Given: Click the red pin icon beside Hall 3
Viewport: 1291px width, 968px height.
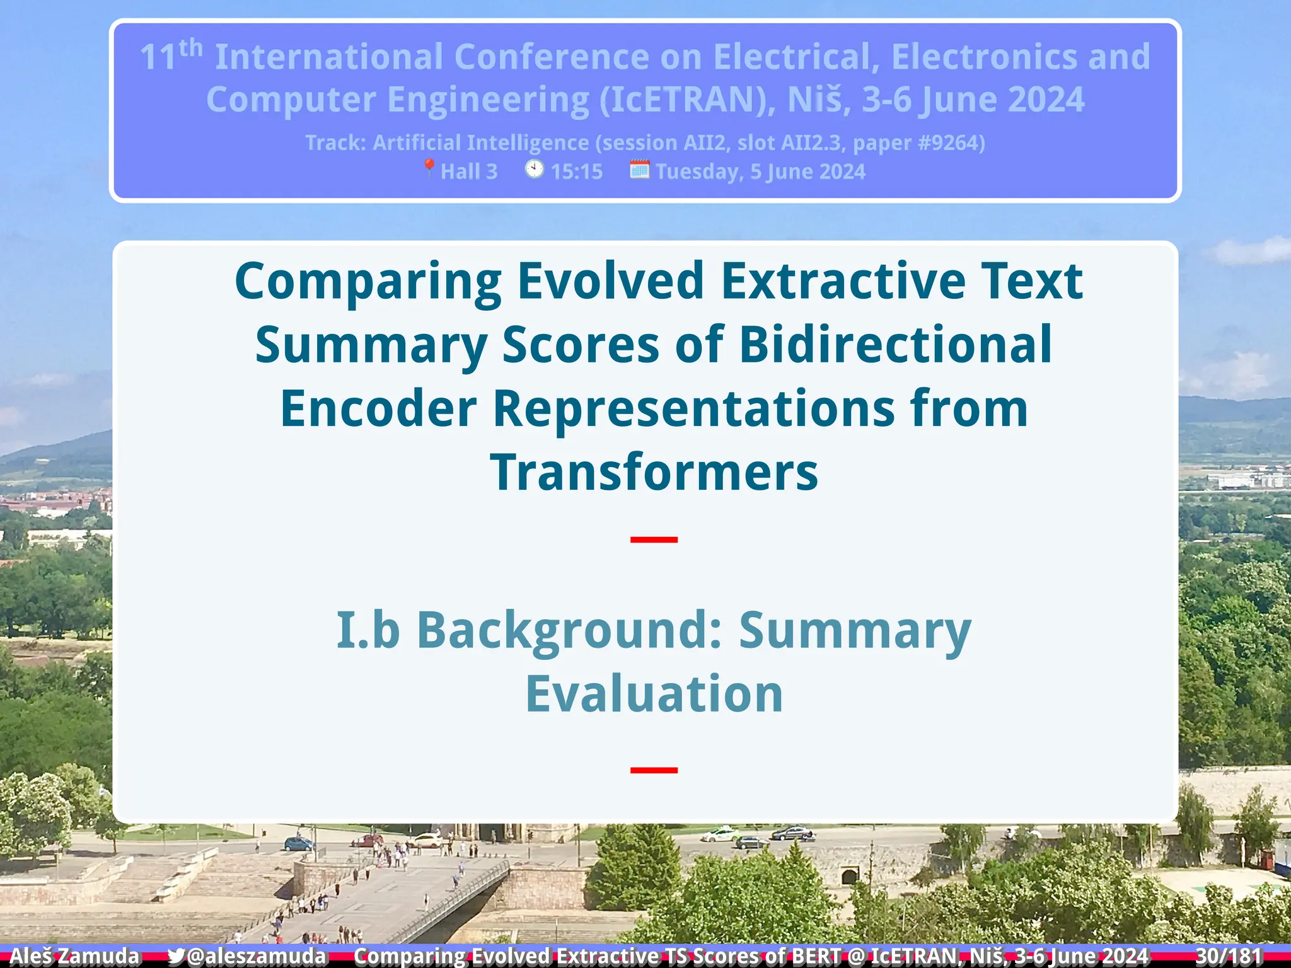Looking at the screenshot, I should tap(429, 168).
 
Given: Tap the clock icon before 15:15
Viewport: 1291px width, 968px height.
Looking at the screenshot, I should tap(535, 170).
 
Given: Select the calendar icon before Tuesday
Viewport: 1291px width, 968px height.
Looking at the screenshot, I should tap(639, 170).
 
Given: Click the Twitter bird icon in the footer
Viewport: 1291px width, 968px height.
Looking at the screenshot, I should tap(177, 956).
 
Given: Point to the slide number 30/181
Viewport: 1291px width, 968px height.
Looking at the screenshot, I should tap(1229, 956).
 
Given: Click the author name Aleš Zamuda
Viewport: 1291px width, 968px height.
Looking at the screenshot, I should tap(74, 956).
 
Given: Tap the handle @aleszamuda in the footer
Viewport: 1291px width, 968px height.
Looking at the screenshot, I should tap(257, 956).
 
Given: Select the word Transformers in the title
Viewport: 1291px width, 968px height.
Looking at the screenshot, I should tap(654, 472).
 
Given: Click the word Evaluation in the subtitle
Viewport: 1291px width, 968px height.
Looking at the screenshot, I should tap(654, 694).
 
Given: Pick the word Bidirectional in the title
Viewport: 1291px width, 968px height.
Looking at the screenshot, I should tap(895, 345).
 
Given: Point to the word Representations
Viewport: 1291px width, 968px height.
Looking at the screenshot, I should tap(693, 408).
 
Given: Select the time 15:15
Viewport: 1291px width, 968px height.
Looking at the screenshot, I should tap(576, 171).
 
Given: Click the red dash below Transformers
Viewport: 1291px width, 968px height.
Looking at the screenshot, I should tap(654, 539).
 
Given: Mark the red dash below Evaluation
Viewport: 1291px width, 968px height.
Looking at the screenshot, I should tap(654, 770).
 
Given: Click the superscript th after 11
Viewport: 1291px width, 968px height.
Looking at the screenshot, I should tap(190, 49).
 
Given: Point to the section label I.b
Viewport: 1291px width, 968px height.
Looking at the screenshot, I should tap(368, 630).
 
